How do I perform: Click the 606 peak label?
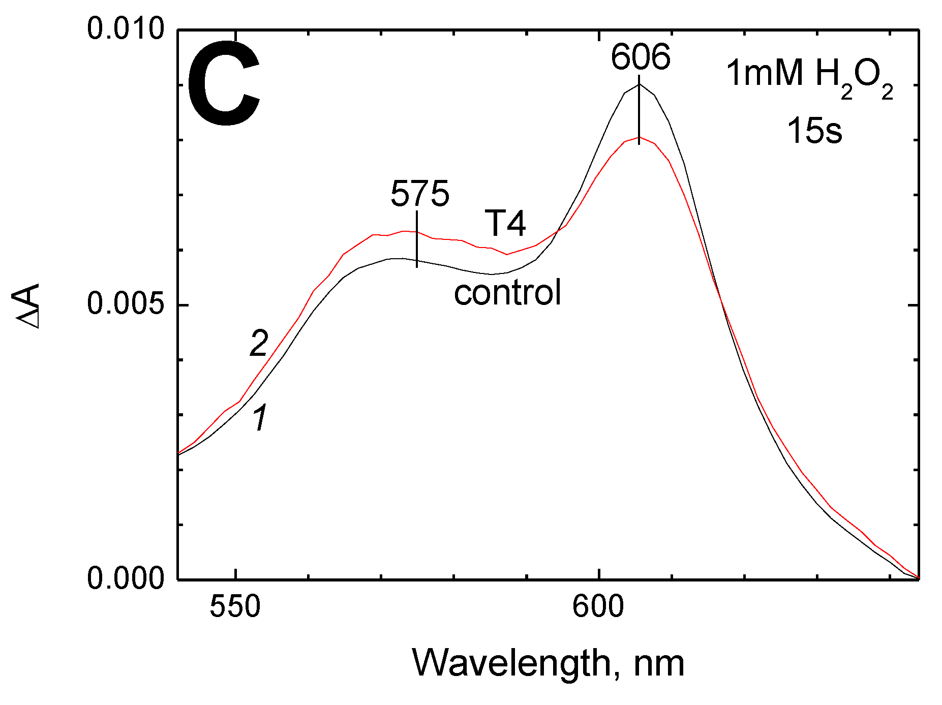coord(640,57)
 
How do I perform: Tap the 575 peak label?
coord(420,194)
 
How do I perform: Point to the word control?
coord(507,293)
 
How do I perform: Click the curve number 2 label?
coord(258,344)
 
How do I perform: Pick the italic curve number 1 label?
coord(260,418)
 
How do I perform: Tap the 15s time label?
coord(814,131)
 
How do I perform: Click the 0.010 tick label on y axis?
coord(126,28)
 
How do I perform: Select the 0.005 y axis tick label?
coord(126,304)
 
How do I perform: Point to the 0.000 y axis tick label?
coord(126,578)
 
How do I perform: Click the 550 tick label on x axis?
coord(235,606)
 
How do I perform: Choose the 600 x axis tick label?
coord(598,606)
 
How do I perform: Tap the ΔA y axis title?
coord(29,306)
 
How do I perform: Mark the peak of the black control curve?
coord(639,84)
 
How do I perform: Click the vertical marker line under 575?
coord(417,239)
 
